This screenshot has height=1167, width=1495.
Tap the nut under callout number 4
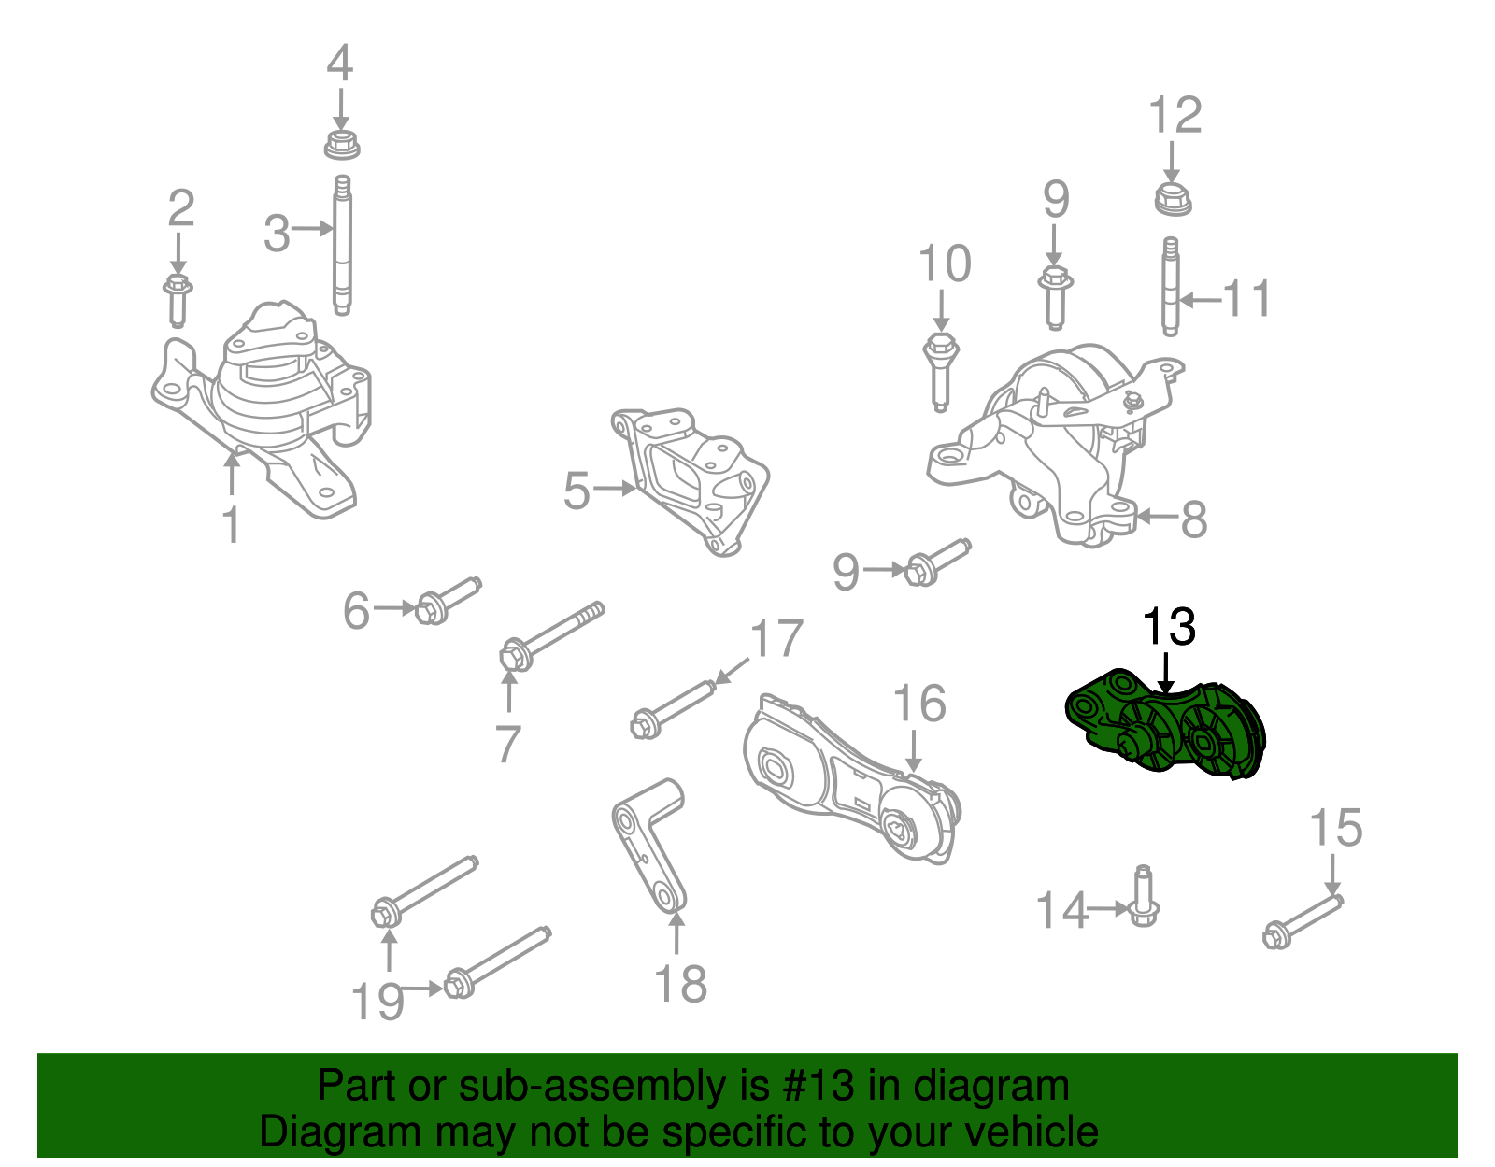342,145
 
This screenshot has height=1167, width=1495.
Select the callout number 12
1175,116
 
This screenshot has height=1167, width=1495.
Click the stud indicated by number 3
342,246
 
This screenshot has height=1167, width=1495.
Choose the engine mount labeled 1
266,411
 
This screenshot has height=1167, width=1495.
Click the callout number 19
377,1003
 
